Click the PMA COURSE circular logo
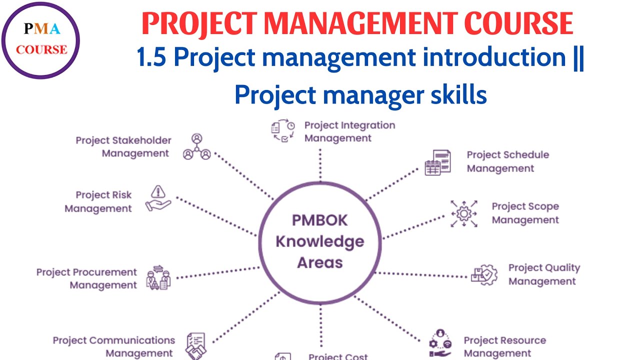click(x=41, y=40)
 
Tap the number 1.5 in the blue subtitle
click(x=152, y=58)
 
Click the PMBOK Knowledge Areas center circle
click(x=320, y=241)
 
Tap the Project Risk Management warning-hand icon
click(x=158, y=198)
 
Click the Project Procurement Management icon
click(x=158, y=278)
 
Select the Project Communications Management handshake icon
click(x=196, y=345)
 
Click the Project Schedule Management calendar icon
click(x=437, y=162)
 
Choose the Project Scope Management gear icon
click(x=463, y=213)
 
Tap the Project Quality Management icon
click(x=484, y=274)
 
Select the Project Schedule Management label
click(x=507, y=161)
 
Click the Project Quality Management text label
click(x=544, y=274)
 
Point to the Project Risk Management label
click(x=99, y=201)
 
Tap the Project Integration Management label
click(x=349, y=131)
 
